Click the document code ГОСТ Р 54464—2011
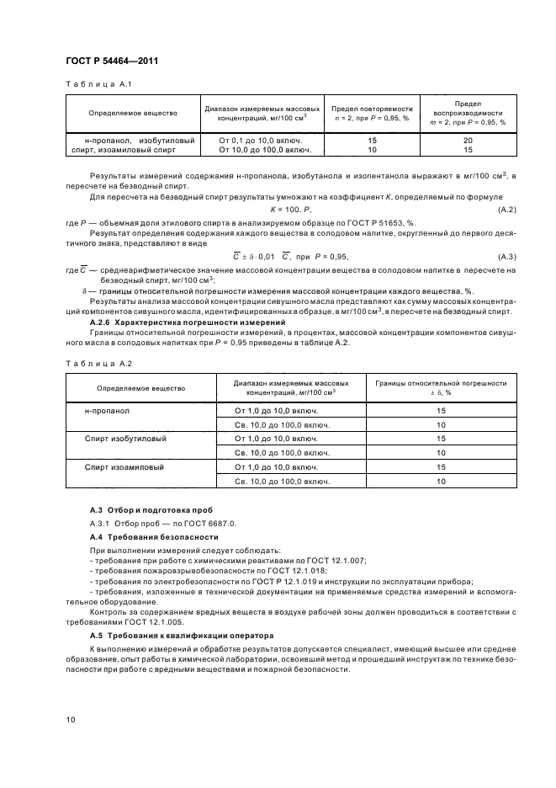tap(111, 61)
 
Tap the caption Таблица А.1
tap(88, 84)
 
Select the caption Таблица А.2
tap(88, 362)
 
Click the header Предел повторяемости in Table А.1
tap(371, 109)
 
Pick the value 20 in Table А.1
tap(468, 140)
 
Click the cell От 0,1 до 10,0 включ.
tap(265, 140)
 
